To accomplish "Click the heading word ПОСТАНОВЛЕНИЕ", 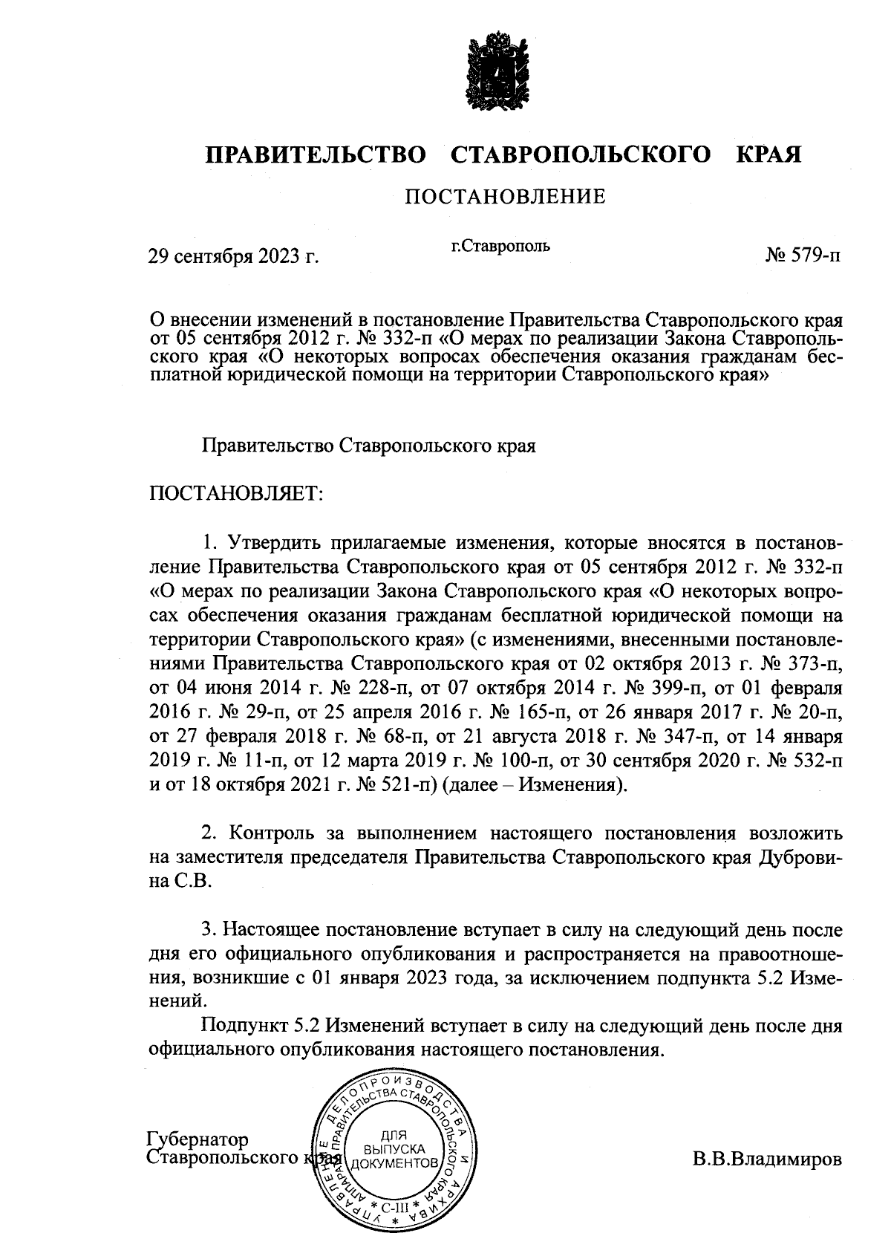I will pos(505,197).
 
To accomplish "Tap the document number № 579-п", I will pos(803,257).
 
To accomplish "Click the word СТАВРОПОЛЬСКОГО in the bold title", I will pos(578,155).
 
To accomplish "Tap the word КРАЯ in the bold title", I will pos(768,155).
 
